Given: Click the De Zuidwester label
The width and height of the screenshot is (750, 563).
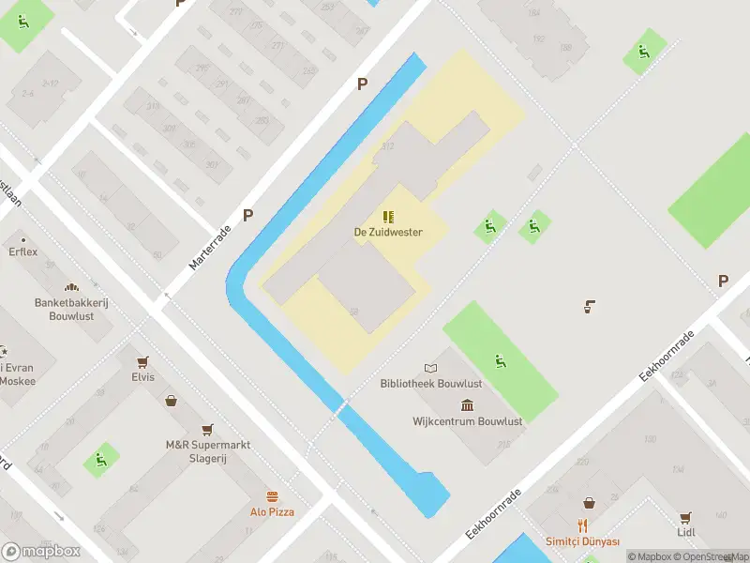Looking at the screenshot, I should point(387,232).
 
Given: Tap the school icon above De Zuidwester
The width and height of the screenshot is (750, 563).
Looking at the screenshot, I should point(387,217).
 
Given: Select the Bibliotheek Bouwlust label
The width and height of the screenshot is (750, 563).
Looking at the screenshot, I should point(431,384).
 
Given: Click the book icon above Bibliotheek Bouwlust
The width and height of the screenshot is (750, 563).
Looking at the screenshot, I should point(430,368).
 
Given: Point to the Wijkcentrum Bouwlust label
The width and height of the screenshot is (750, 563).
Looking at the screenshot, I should point(467,421).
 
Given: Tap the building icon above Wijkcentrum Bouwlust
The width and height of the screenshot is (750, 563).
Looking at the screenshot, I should point(467,405).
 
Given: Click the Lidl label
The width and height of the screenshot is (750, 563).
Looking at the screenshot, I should point(685,532).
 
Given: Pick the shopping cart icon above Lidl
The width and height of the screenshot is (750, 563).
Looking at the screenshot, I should point(685,517).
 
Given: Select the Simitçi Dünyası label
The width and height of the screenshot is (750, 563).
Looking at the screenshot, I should point(583,541).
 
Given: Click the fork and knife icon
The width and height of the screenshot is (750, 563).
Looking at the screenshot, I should point(583,525).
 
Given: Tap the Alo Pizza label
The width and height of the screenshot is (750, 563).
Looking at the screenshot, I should point(272,511).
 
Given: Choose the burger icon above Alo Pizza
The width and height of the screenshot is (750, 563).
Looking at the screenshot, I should point(272,495).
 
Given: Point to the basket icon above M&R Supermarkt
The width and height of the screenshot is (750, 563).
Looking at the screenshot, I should point(172,401).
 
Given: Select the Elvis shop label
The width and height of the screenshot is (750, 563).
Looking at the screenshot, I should point(142,377).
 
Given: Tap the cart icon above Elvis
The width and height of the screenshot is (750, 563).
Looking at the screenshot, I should point(142,361).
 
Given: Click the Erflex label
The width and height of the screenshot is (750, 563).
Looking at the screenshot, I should point(23,252).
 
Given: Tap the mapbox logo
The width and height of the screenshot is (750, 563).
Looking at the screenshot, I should point(41,551).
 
